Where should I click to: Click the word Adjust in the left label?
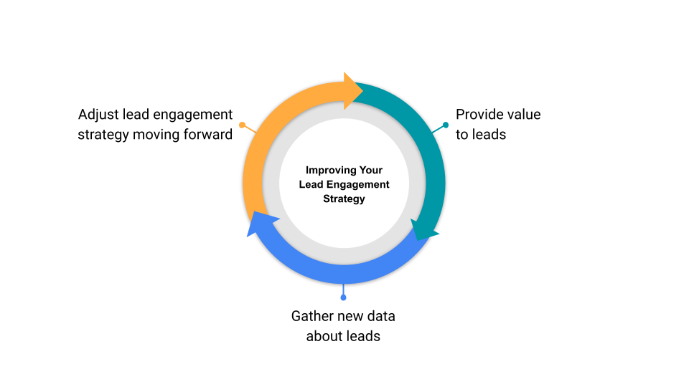coord(98,115)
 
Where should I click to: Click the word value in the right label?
coord(525,115)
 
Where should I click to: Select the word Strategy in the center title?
coord(344,199)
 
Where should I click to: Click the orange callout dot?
coord(243,125)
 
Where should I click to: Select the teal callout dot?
coord(446,125)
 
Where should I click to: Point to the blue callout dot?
coord(343,297)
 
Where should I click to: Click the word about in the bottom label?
coord(324,335)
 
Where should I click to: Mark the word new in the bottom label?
coord(350,316)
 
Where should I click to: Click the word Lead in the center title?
coord(311,185)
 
